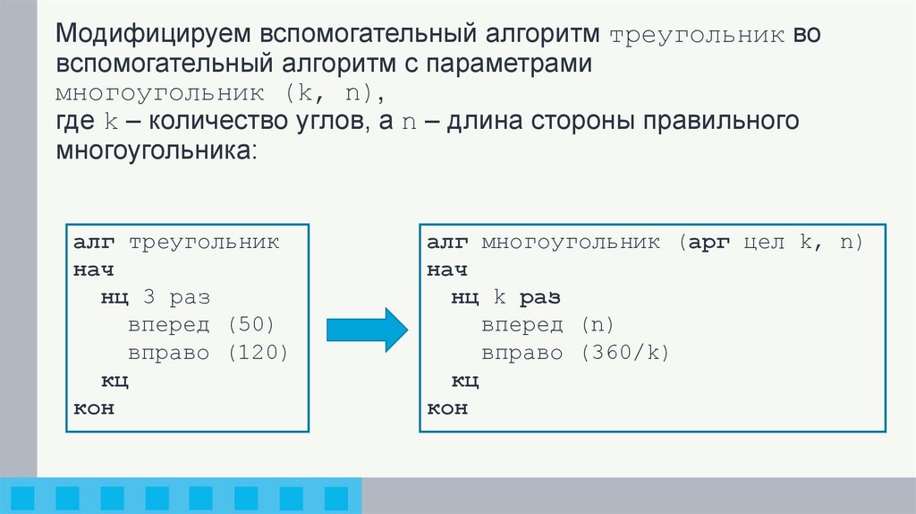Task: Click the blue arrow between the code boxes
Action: pyautogui.click(x=365, y=330)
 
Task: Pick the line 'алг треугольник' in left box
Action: pyautogui.click(x=176, y=243)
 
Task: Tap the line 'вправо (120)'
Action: pyautogui.click(x=208, y=353)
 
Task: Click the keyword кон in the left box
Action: pyautogui.click(x=94, y=408)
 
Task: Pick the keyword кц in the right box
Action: pyautogui.click(x=465, y=381)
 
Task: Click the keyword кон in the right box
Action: pyautogui.click(x=446, y=408)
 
